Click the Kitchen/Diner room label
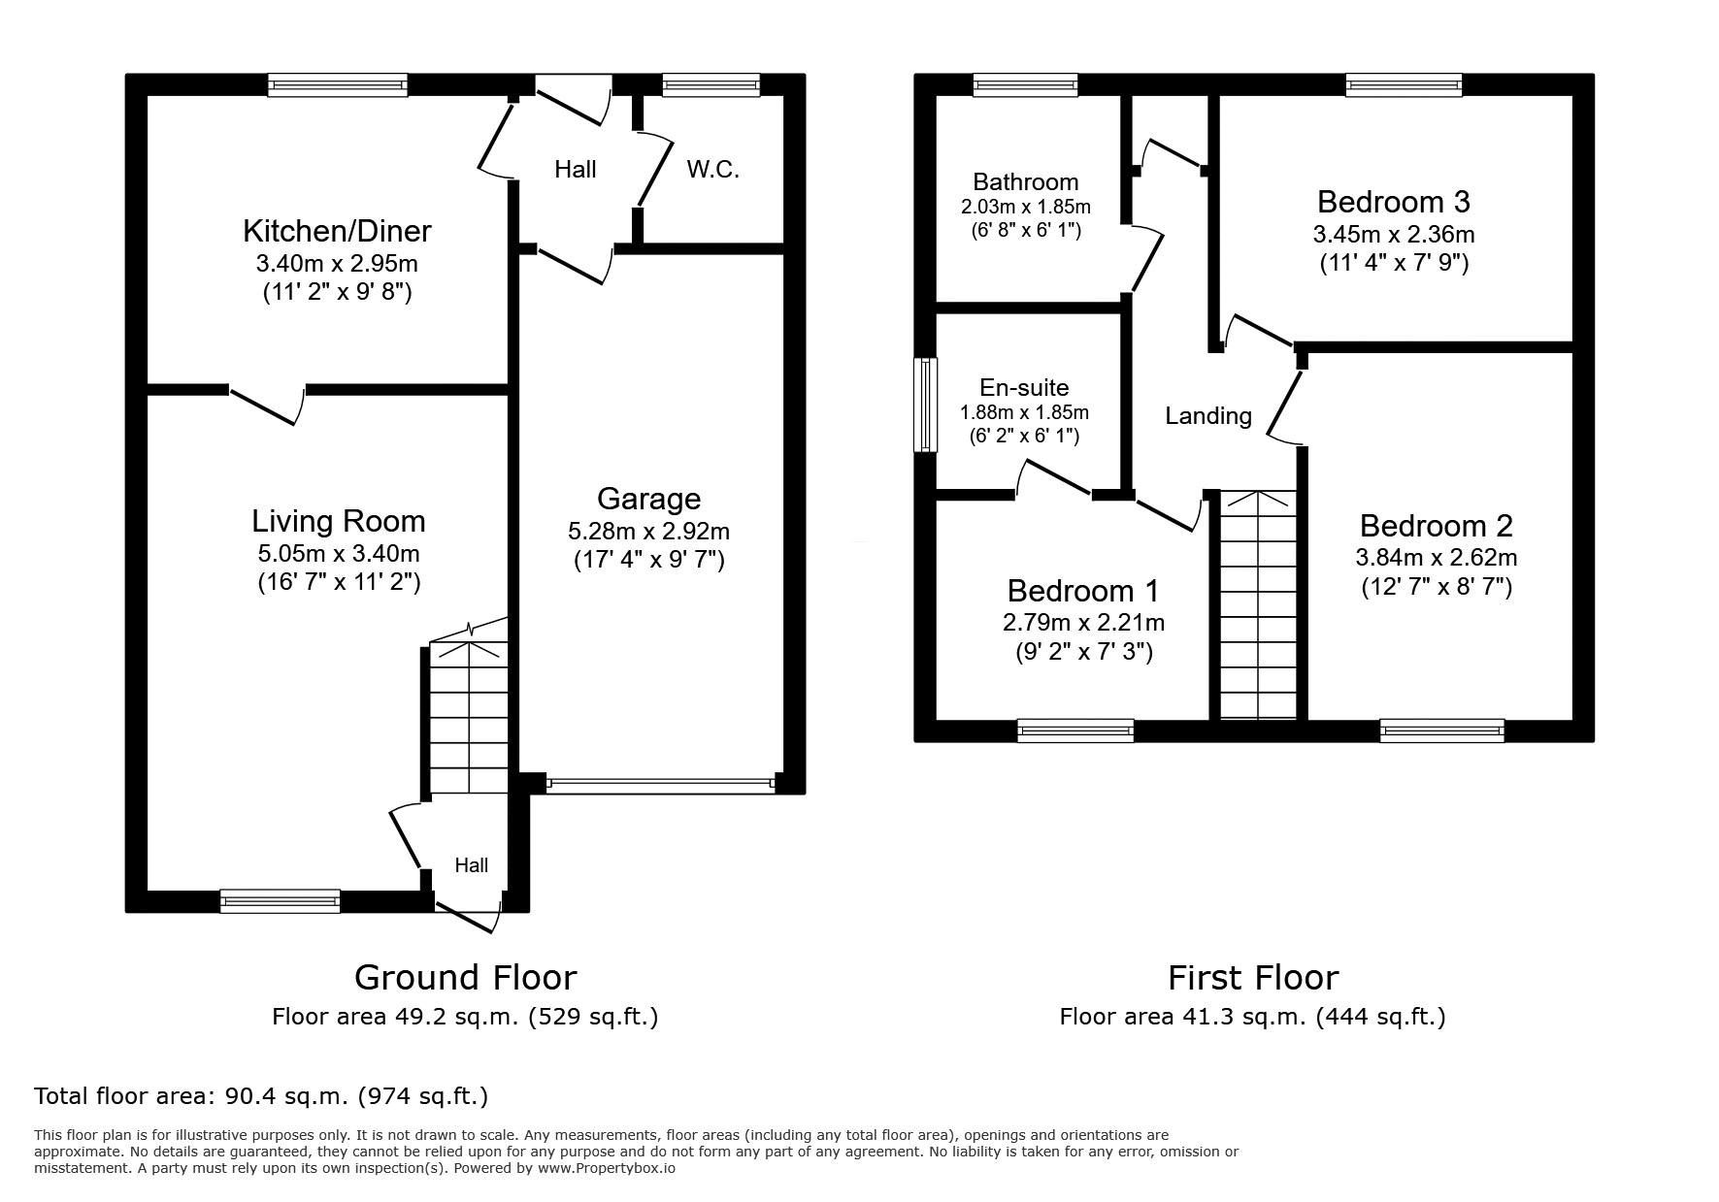[x=337, y=231]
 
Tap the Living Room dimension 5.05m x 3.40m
[x=338, y=554]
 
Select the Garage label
[x=648, y=499]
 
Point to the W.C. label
[x=713, y=170]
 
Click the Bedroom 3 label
[x=1393, y=202]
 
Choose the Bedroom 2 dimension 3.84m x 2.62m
[x=1436, y=558]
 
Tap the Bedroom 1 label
[x=1083, y=591]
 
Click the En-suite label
[x=1024, y=388]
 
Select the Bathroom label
[x=1025, y=182]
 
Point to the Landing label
[x=1208, y=416]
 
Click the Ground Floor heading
[x=465, y=977]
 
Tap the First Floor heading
[x=1253, y=977]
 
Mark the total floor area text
[x=261, y=1096]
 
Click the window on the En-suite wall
[x=927, y=405]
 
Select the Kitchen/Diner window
[x=338, y=85]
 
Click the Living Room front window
[x=281, y=901]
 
